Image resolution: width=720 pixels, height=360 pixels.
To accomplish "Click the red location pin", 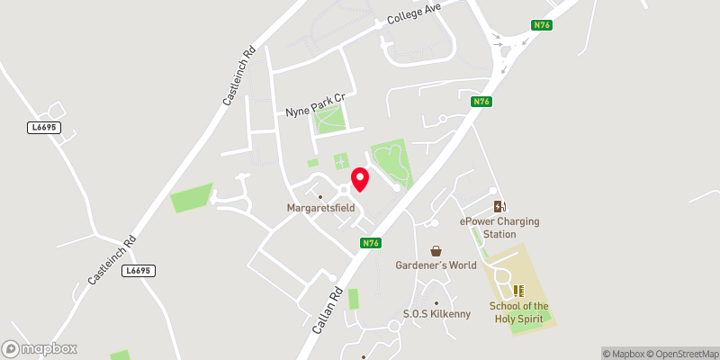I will click(360, 179).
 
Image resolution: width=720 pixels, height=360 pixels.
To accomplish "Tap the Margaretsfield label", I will click(320, 208).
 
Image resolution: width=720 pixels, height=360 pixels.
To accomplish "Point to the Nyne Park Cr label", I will click(315, 104).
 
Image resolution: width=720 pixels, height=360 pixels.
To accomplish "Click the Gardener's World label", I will click(436, 265).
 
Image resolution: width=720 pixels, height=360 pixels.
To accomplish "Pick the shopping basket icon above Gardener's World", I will click(436, 251).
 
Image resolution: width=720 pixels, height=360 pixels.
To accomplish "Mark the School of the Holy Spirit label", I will click(518, 311).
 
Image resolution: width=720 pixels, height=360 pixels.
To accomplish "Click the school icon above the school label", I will click(517, 290).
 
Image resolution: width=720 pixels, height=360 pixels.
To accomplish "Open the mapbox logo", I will click(40, 348).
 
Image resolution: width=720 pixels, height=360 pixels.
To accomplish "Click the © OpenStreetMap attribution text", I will click(680, 354).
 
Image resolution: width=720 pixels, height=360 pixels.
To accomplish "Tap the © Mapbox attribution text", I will click(621, 354).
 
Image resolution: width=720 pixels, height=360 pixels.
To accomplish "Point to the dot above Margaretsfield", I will click(320, 196).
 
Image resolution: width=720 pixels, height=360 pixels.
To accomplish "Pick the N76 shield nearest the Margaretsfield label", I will click(371, 243).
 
